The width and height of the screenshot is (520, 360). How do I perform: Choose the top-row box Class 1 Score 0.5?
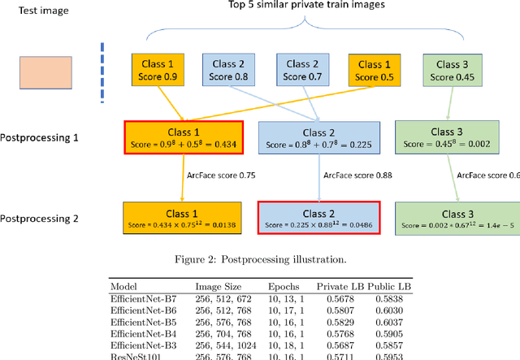coord(378,71)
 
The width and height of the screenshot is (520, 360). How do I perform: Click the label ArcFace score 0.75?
coord(209,175)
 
